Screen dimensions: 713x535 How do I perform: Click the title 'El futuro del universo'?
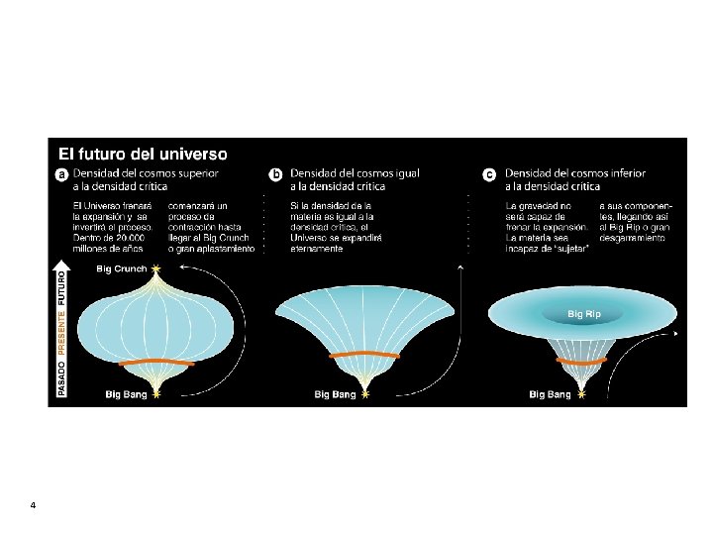click(144, 154)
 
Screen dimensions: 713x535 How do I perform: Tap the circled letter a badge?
click(61, 174)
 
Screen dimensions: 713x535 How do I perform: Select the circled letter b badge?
click(276, 174)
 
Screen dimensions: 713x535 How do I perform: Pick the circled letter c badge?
click(489, 174)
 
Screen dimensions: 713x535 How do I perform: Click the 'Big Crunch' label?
click(121, 268)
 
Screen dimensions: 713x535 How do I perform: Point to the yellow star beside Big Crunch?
click(155, 268)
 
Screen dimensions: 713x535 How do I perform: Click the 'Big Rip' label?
click(583, 314)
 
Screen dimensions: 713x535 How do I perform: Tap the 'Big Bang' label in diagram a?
click(127, 394)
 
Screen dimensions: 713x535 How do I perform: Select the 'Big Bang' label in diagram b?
click(335, 394)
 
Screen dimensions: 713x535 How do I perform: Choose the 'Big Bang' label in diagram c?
click(550, 394)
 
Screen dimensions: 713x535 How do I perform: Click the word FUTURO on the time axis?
click(61, 285)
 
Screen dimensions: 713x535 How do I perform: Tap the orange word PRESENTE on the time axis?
click(61, 332)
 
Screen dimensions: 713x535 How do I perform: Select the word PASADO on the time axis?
click(61, 376)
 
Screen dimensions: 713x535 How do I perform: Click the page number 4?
click(33, 506)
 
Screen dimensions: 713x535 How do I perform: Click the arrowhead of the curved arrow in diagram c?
click(677, 334)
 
